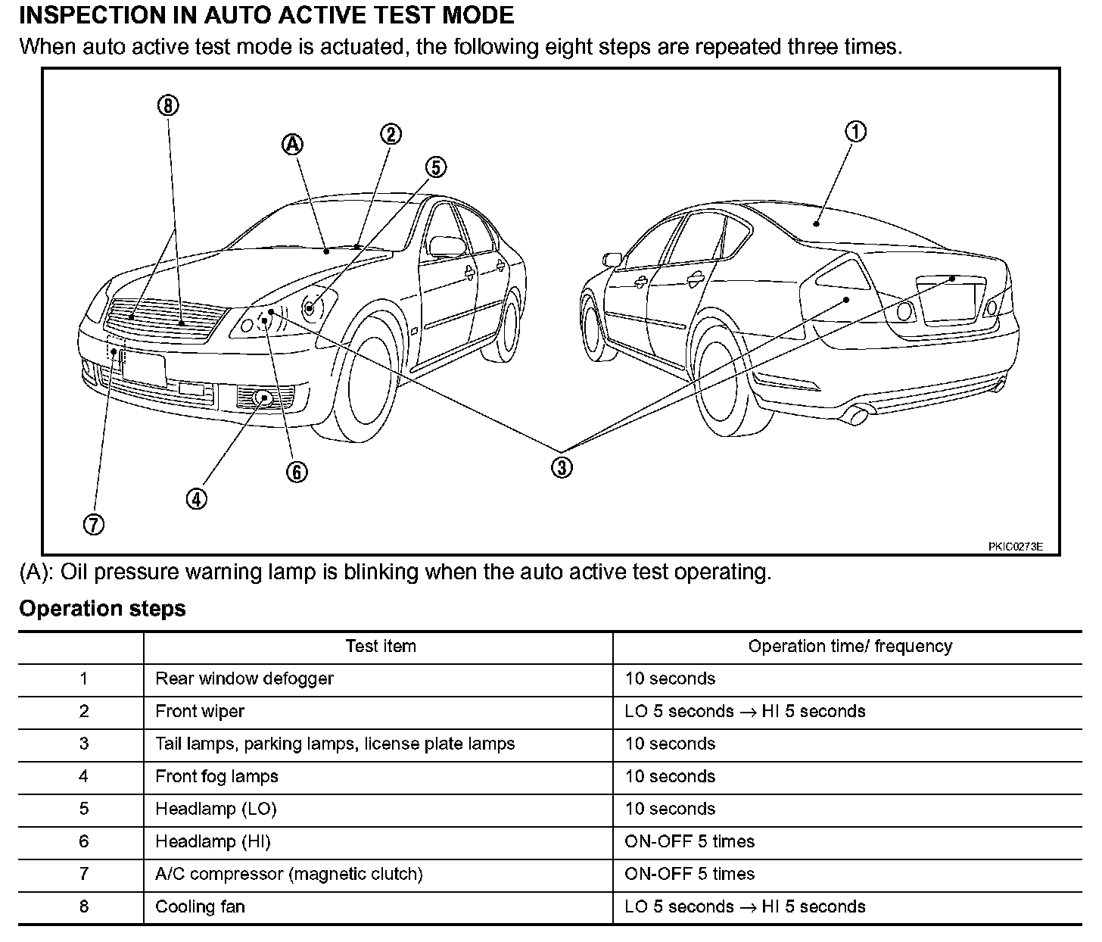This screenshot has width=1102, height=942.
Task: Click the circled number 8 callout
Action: (x=168, y=105)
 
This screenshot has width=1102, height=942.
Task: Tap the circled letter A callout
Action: (x=293, y=145)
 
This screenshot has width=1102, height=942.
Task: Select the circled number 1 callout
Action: (x=855, y=132)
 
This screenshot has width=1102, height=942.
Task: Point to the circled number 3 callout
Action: (x=561, y=467)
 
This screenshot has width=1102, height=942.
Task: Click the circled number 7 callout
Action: (x=94, y=524)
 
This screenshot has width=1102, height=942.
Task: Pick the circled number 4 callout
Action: (x=196, y=498)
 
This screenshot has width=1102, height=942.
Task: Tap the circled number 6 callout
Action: (x=297, y=472)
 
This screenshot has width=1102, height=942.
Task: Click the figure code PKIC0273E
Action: (x=1015, y=547)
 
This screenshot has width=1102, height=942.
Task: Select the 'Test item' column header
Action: (x=380, y=647)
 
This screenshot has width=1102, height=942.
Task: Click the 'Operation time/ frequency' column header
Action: (x=849, y=647)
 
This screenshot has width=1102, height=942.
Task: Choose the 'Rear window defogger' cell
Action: (x=244, y=679)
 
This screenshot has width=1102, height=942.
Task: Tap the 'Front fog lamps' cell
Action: (x=216, y=777)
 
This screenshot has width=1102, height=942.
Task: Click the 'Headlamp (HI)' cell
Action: (x=213, y=842)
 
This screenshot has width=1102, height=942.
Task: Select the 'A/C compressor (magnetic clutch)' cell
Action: (x=288, y=875)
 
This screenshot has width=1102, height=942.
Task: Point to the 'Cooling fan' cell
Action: (x=200, y=907)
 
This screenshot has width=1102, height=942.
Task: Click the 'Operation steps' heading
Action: (x=102, y=609)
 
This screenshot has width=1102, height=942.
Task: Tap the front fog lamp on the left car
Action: (x=264, y=396)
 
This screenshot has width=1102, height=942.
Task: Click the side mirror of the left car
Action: (x=447, y=245)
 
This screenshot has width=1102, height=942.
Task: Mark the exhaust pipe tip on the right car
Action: (x=858, y=415)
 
